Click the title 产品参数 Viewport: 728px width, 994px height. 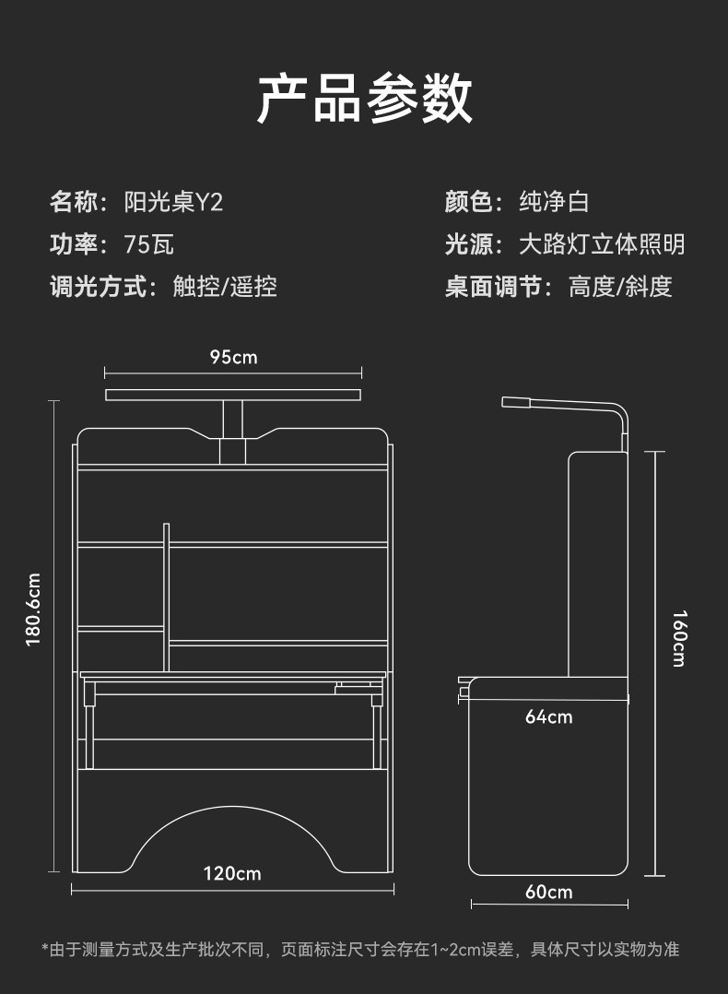click(364, 99)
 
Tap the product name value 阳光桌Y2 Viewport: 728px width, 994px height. click(174, 202)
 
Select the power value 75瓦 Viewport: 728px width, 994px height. click(148, 244)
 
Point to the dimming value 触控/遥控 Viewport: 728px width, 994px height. click(225, 287)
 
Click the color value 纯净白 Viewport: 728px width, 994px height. click(554, 202)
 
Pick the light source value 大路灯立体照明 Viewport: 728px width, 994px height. click(602, 244)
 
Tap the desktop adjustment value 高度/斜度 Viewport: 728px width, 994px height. click(620, 287)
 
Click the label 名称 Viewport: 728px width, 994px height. click(73, 202)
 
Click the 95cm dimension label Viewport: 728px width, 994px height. click(233, 356)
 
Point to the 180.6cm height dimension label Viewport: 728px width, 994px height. click(34, 609)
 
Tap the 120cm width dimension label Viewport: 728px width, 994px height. click(232, 872)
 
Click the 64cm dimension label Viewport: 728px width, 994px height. click(548, 716)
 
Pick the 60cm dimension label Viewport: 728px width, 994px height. click(548, 892)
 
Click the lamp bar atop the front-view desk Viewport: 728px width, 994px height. click(232, 396)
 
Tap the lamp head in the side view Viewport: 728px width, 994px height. click(516, 401)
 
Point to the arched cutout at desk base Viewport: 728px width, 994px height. click(232, 834)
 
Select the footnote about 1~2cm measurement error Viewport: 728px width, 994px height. click(360, 949)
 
